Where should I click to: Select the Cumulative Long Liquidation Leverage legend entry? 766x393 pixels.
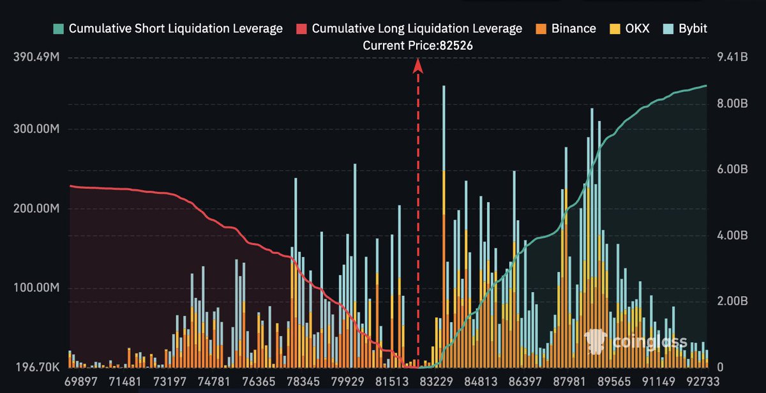click(x=409, y=29)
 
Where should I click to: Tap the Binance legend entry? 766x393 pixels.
click(x=566, y=29)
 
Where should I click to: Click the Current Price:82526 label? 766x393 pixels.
click(x=418, y=46)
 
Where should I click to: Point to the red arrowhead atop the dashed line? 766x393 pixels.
click(x=418, y=64)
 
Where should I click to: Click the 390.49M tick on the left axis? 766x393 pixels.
click(x=36, y=58)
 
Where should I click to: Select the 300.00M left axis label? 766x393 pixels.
click(x=36, y=130)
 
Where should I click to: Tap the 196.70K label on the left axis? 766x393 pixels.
click(x=36, y=368)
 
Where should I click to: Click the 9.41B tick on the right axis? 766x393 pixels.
click(x=732, y=58)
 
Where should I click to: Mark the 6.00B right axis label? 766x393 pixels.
click(x=732, y=170)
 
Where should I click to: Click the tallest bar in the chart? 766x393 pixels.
click(x=443, y=223)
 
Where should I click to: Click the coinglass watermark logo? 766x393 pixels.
click(x=635, y=342)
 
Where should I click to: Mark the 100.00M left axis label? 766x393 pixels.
click(x=36, y=288)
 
